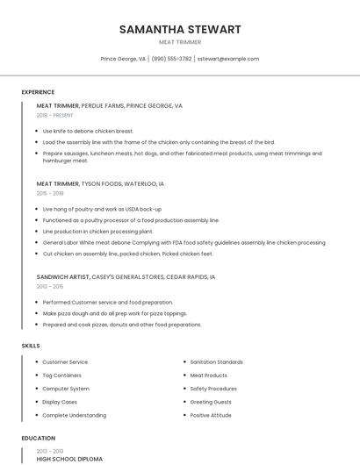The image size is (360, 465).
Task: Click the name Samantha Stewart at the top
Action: (x=180, y=29)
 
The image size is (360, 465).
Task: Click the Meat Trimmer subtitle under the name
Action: (x=180, y=42)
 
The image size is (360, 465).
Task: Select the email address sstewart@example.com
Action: (x=228, y=59)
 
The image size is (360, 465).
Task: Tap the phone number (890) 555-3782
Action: (x=171, y=59)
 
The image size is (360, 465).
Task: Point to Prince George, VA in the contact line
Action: (x=123, y=59)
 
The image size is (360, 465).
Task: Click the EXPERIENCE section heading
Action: (x=38, y=92)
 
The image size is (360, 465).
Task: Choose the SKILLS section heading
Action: (x=31, y=346)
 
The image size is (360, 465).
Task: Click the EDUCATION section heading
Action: (x=38, y=438)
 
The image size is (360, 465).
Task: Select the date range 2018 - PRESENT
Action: (x=54, y=115)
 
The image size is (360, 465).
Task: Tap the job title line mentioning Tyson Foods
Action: (x=100, y=184)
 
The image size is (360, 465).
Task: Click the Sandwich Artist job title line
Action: (x=126, y=276)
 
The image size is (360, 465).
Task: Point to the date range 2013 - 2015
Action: (x=49, y=286)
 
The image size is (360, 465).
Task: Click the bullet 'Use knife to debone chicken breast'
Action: (x=88, y=131)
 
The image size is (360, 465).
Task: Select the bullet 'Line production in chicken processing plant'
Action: (x=97, y=232)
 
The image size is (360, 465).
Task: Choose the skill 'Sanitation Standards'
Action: (x=217, y=362)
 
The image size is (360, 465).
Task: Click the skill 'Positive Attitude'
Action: (x=211, y=415)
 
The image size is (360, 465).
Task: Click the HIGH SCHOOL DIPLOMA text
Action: (x=69, y=459)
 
